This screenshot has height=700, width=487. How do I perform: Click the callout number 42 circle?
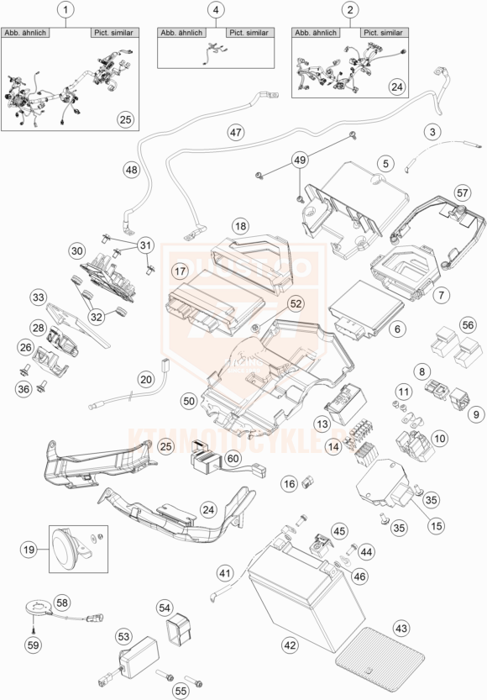(x=289, y=645)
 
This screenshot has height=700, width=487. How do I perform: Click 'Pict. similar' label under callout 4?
(x=249, y=33)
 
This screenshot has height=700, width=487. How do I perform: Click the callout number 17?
(x=181, y=271)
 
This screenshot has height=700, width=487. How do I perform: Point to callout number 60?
(x=232, y=457)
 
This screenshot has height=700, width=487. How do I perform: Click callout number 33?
(x=38, y=297)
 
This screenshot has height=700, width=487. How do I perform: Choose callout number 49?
(x=301, y=160)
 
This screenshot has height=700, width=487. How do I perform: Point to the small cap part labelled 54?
(x=175, y=629)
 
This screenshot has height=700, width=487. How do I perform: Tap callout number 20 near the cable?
(x=146, y=379)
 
